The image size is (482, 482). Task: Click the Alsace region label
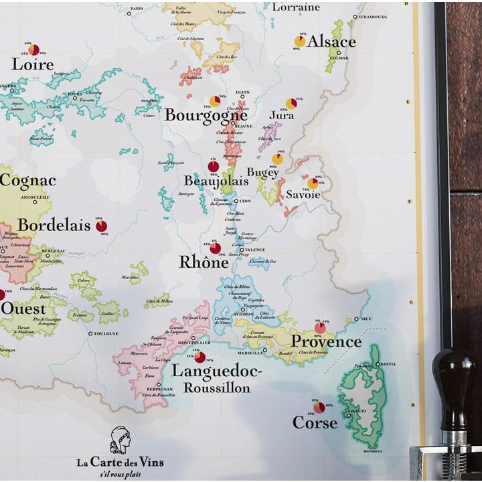tap(331, 42)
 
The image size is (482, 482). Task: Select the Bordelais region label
tap(54, 225)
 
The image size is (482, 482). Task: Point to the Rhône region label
tap(204, 262)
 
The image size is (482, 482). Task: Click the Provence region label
tap(326, 342)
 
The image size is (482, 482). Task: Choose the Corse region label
tap(315, 423)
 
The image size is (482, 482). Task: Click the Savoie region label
tap(303, 195)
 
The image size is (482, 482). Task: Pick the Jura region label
tap(282, 115)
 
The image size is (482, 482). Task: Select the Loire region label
tap(32, 65)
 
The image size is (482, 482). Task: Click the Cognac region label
tap(27, 181)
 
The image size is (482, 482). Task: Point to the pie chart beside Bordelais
tap(101, 226)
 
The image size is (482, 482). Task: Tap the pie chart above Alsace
tap(300, 42)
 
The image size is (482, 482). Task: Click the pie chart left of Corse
tap(319, 407)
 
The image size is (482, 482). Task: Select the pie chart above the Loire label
tap(33, 50)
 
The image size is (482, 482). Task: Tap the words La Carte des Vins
tap(120, 462)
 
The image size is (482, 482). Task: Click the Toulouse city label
tap(105, 333)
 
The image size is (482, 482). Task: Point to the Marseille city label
tap(248, 350)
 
